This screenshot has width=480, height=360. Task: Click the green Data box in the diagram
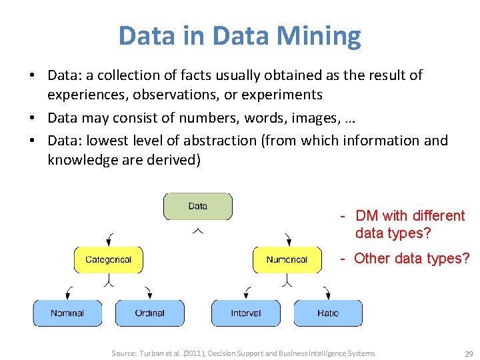(x=198, y=206)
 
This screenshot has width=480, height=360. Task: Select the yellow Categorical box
(x=108, y=259)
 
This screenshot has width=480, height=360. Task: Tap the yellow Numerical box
(x=287, y=259)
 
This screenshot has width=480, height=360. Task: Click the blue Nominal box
(x=67, y=313)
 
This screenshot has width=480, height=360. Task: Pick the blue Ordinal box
(x=149, y=313)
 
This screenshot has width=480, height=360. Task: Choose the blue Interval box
(x=245, y=313)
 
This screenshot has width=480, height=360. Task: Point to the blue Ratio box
(x=328, y=313)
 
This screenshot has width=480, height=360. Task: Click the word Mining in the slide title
(x=317, y=35)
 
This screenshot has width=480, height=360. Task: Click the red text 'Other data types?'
(x=411, y=258)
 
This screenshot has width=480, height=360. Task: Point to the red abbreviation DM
(x=367, y=215)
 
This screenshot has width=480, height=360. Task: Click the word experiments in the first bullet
(x=287, y=95)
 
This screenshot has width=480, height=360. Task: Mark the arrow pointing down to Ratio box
(x=327, y=292)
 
